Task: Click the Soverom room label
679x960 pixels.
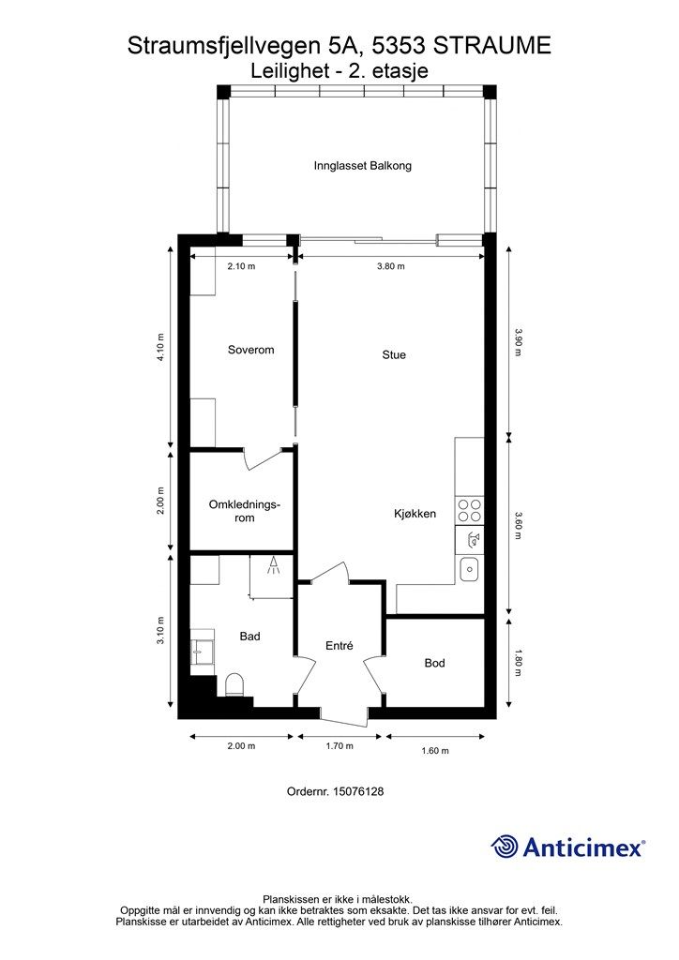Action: (x=251, y=351)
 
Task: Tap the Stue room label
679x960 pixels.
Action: (x=394, y=355)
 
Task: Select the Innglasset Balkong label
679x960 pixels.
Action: (x=362, y=166)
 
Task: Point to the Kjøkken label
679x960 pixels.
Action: (x=415, y=514)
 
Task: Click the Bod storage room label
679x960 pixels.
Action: (x=435, y=663)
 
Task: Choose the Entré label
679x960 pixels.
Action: (x=339, y=645)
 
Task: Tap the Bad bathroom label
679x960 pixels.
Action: (x=249, y=637)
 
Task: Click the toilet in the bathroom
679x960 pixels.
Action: (x=234, y=684)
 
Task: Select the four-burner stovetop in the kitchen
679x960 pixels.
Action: (x=470, y=511)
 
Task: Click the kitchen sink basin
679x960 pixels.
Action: (x=470, y=569)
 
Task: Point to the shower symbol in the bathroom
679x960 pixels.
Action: (x=273, y=565)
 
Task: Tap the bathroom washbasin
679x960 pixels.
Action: (x=202, y=652)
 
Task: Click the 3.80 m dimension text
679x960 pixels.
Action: (x=391, y=266)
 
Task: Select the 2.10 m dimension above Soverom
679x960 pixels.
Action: (x=241, y=266)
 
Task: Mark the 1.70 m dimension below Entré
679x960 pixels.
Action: (x=339, y=745)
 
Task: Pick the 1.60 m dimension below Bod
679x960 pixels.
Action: (x=435, y=751)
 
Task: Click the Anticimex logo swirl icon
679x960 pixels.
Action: (x=505, y=847)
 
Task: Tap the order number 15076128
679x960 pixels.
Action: (x=358, y=791)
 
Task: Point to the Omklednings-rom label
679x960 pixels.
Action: (x=244, y=511)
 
